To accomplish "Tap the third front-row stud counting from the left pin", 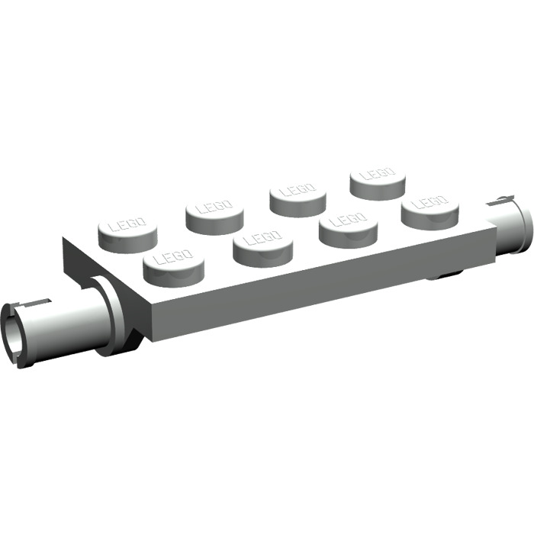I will (x=348, y=225).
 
